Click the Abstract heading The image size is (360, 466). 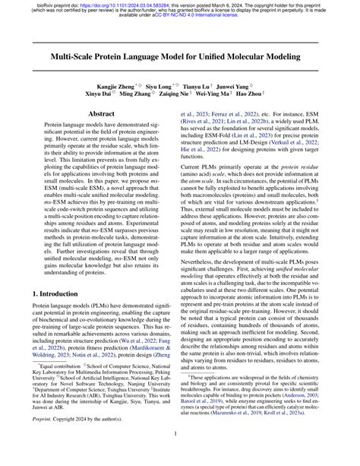[x=102, y=134]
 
